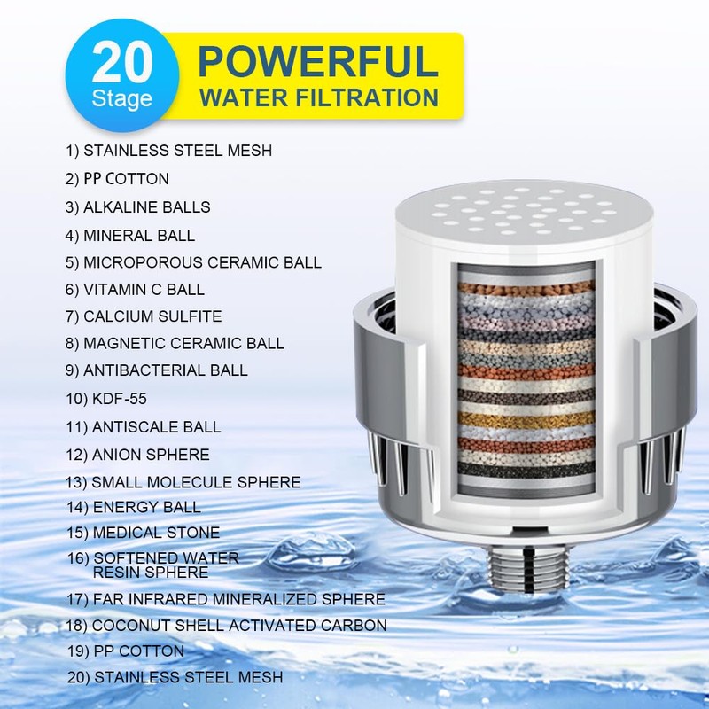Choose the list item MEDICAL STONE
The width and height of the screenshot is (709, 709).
[143, 533]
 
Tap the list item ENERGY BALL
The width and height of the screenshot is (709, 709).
[133, 507]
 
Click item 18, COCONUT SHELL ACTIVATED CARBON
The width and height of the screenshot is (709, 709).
[226, 625]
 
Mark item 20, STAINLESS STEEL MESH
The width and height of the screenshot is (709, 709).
[175, 677]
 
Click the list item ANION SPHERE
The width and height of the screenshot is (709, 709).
[137, 455]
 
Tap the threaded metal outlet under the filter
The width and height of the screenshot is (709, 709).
[519, 584]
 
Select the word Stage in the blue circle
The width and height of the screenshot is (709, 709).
[121, 97]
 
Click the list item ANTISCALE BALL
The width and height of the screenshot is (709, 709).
[143, 426]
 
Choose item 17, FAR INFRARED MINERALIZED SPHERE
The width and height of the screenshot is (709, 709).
[225, 599]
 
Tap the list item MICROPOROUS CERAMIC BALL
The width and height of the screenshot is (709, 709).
[193, 262]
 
